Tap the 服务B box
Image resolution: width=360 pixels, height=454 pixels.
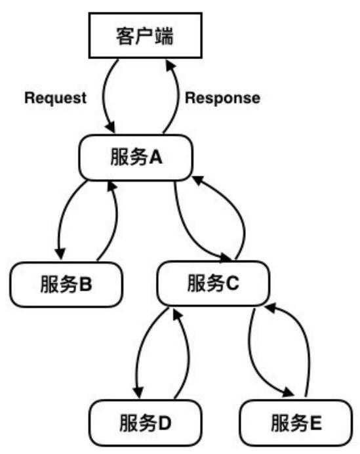click(x=67, y=284)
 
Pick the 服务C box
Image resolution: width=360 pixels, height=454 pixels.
click(x=213, y=283)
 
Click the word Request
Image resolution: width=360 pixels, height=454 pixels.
click(x=55, y=98)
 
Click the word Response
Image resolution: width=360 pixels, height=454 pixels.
click(x=222, y=98)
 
